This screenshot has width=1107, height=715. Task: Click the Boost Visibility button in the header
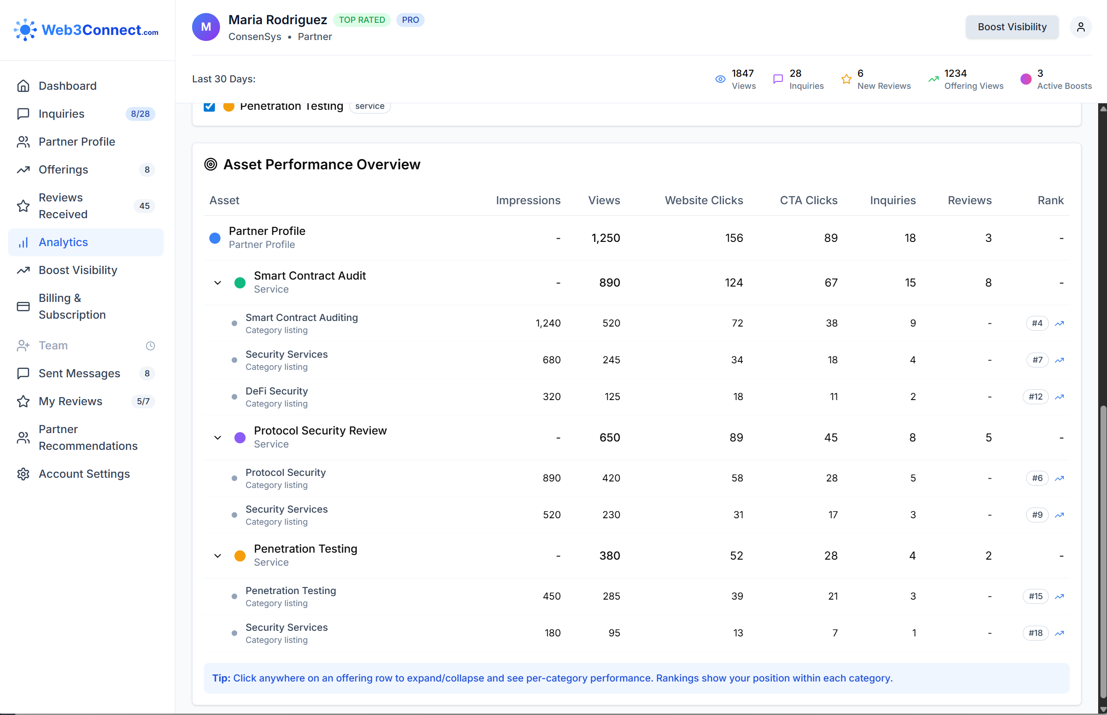coord(1012,27)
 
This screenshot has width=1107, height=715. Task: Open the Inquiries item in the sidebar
coord(61,114)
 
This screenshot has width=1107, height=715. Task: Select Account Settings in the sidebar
coord(84,474)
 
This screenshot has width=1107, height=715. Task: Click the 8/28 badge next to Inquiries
coord(140,114)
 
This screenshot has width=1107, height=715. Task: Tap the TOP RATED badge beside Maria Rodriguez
coord(361,20)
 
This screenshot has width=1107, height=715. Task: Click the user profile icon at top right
coord(1080,27)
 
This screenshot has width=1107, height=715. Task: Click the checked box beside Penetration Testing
coord(209,107)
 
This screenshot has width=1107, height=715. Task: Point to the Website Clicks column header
coord(703,200)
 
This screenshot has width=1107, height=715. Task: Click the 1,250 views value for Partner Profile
coord(605,238)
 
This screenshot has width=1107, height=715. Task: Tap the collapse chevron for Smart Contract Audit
coord(217,283)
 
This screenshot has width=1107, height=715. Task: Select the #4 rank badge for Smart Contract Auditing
coord(1037,323)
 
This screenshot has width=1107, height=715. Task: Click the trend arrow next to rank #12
coord(1059,397)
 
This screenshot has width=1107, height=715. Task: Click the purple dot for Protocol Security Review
coord(240,438)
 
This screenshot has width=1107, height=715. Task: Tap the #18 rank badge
coord(1035,633)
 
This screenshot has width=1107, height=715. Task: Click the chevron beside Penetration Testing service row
coord(217,556)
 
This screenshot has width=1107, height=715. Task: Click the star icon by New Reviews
coord(846,79)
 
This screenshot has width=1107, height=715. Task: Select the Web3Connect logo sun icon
coord(25,30)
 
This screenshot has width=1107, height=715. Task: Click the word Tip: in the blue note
coord(221,678)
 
